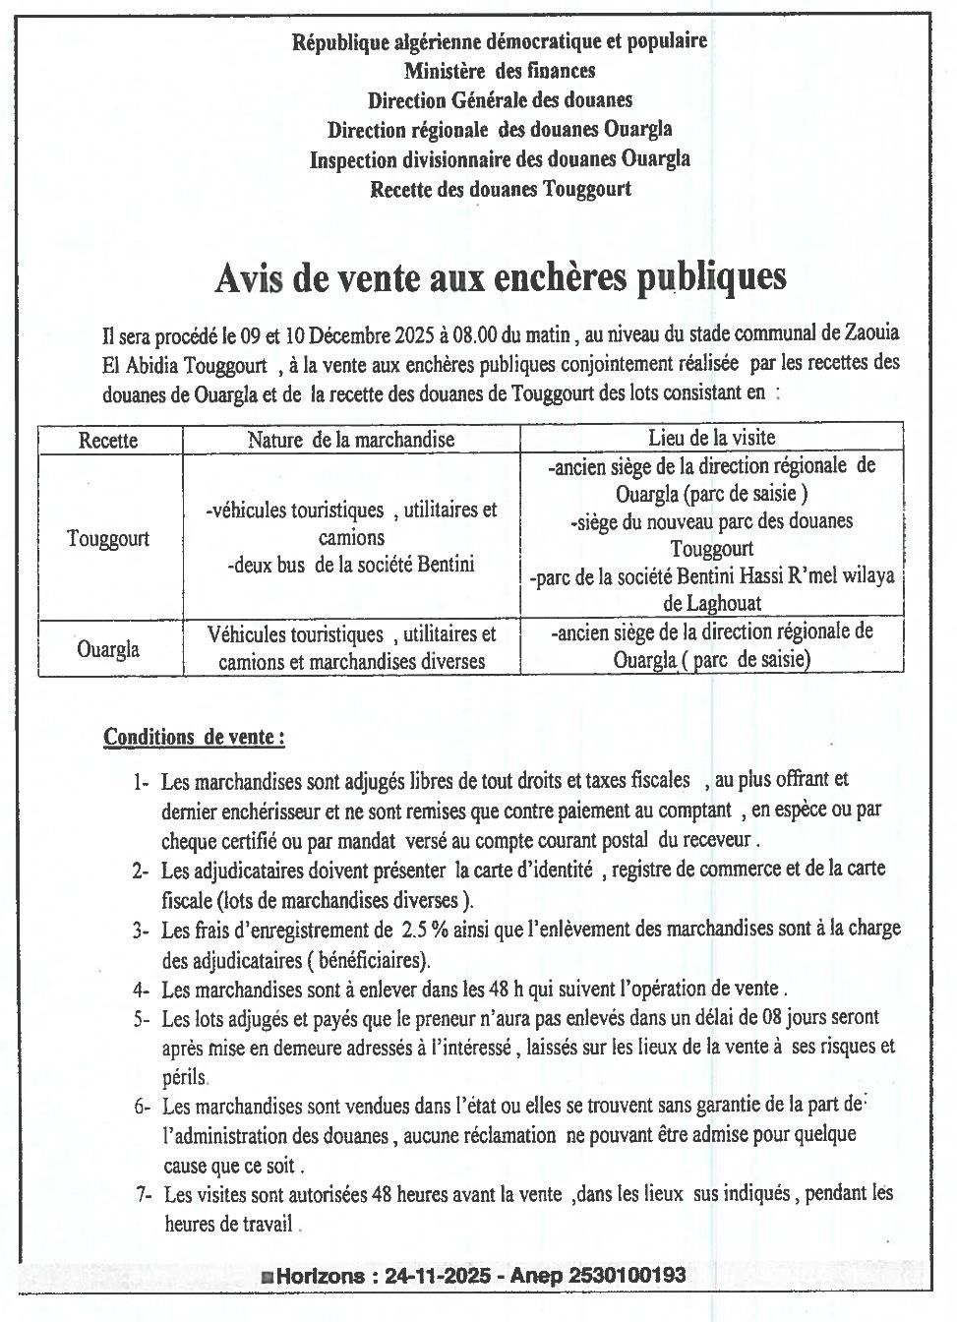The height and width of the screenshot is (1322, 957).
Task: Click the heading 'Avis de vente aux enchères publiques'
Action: click(500, 278)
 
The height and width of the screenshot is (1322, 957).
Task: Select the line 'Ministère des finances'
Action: click(500, 70)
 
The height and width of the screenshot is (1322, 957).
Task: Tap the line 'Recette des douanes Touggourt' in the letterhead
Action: click(500, 188)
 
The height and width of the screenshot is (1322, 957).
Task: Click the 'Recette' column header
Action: click(108, 440)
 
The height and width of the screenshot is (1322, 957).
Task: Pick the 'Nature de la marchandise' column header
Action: click(351, 440)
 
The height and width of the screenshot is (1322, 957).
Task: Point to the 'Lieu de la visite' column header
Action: click(711, 438)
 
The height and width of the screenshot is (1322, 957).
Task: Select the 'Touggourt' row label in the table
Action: click(108, 539)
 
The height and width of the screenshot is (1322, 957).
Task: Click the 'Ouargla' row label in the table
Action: click(108, 649)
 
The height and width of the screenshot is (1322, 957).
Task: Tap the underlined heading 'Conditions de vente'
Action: click(195, 737)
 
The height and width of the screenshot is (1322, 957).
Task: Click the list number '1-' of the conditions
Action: click(141, 783)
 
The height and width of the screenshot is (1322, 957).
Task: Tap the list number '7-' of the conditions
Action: click(145, 1195)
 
